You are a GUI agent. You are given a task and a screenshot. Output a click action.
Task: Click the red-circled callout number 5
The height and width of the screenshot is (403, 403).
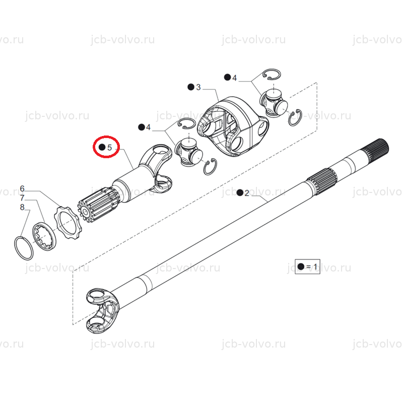point(110,148)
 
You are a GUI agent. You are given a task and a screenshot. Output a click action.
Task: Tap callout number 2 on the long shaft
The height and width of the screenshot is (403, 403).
point(247,193)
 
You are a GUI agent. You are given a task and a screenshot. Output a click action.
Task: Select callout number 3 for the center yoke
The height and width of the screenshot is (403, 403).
point(198,87)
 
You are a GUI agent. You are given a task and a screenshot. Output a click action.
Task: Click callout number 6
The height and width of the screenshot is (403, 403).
point(22,188)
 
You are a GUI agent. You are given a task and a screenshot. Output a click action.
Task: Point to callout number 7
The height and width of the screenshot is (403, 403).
point(22,198)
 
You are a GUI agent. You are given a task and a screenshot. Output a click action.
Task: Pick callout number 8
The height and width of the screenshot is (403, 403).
point(22,207)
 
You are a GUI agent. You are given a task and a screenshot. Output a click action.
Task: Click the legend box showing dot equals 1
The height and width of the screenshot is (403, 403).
point(307,266)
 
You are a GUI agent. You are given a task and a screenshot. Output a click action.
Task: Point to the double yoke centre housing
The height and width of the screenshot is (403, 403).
point(233,126)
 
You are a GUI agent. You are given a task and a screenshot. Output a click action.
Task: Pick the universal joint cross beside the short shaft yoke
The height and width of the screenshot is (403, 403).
point(188,153)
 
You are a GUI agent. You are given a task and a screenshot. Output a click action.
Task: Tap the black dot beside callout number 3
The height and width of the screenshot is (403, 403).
point(191,87)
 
